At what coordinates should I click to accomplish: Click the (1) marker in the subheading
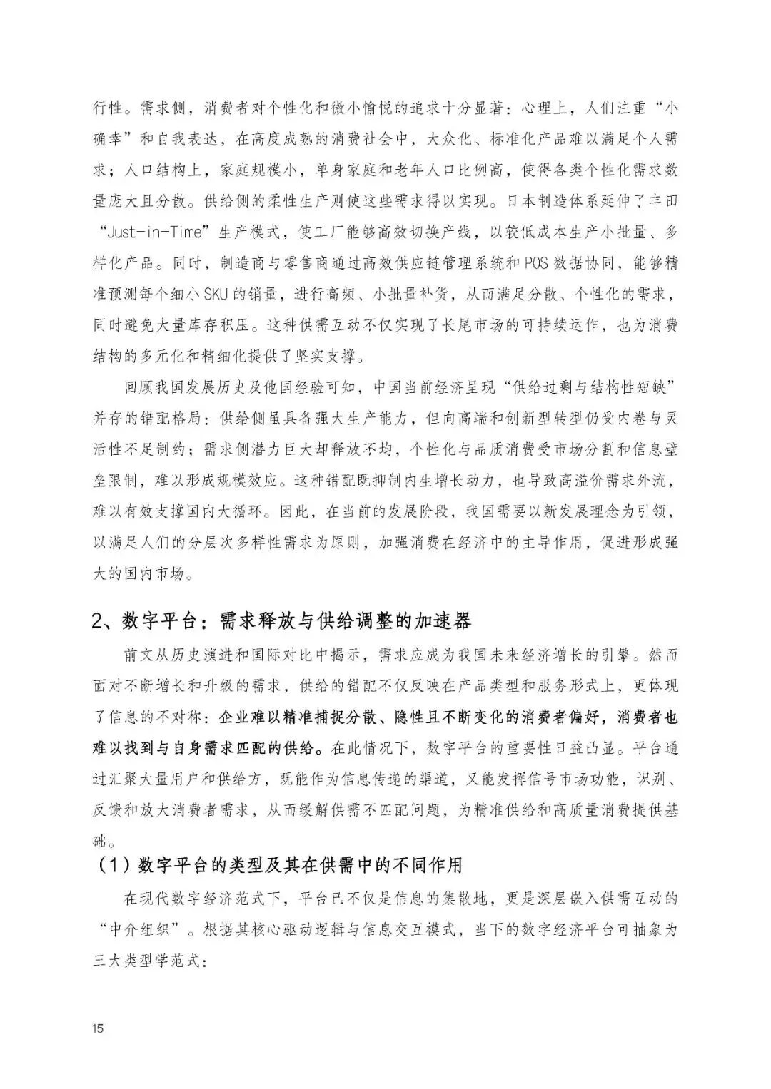(x=112, y=865)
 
